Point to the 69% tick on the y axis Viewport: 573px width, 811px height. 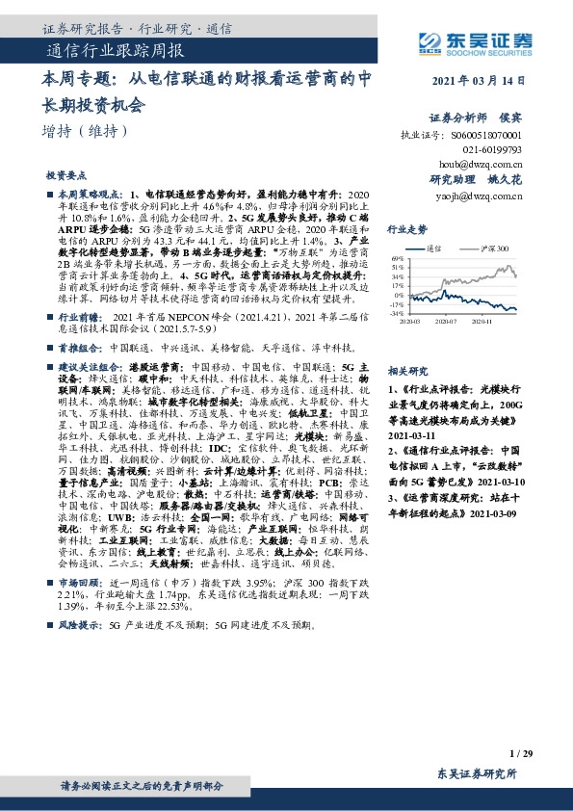point(397,259)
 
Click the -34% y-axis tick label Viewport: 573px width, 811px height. point(396,313)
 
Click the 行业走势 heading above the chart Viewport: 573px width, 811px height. point(407,230)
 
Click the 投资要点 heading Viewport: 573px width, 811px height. point(66,176)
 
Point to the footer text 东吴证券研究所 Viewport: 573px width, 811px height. point(477,773)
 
